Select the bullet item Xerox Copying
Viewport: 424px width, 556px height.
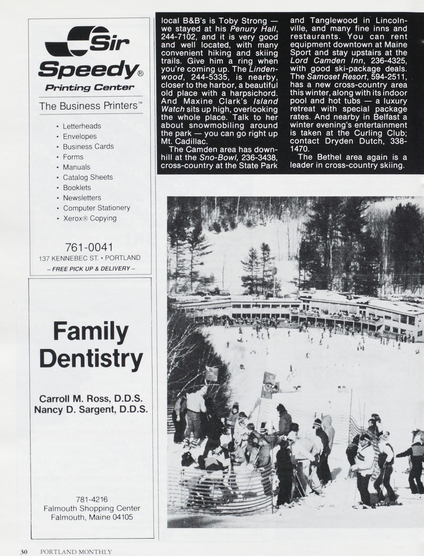pyautogui.click(x=90, y=218)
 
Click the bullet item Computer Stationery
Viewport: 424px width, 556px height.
pyautogui.click(x=96, y=208)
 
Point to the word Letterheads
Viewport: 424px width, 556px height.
pyautogui.click(x=82, y=126)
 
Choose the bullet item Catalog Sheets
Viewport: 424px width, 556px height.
pyautogui.click(x=88, y=177)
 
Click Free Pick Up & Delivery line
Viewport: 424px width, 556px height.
pyautogui.click(x=91, y=268)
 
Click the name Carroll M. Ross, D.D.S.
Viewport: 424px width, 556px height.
pyautogui.click(x=91, y=398)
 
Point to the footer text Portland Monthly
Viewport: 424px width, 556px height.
pyautogui.click(x=76, y=552)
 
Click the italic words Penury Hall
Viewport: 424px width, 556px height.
pyautogui.click(x=254, y=29)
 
